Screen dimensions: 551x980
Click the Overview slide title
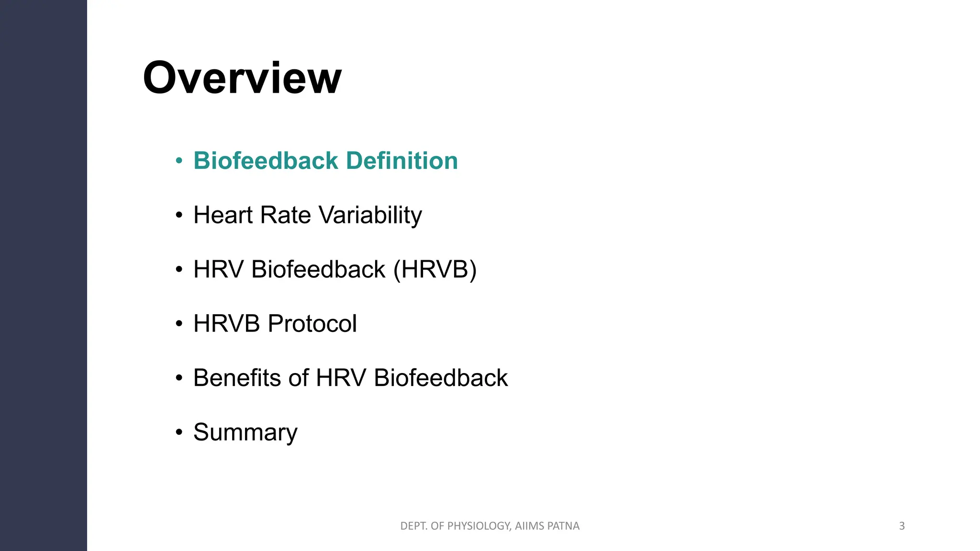click(242, 78)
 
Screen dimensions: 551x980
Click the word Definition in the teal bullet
click(401, 161)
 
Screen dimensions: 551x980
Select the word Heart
click(223, 215)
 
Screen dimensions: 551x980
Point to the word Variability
click(370, 215)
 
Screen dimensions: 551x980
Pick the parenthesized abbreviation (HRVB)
click(434, 269)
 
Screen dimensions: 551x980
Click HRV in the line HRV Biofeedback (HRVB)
click(218, 269)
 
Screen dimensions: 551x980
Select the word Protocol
click(312, 324)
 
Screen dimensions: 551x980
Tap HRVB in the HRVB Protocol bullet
click(226, 324)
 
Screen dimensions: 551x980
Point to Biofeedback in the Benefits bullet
click(440, 378)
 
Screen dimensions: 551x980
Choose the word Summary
click(245, 432)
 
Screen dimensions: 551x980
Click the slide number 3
click(902, 526)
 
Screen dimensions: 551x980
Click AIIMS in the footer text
click(529, 526)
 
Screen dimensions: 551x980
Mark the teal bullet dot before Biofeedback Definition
click(179, 161)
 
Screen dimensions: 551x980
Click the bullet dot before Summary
click(179, 433)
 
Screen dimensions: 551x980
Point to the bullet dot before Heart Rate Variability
click(179, 215)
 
